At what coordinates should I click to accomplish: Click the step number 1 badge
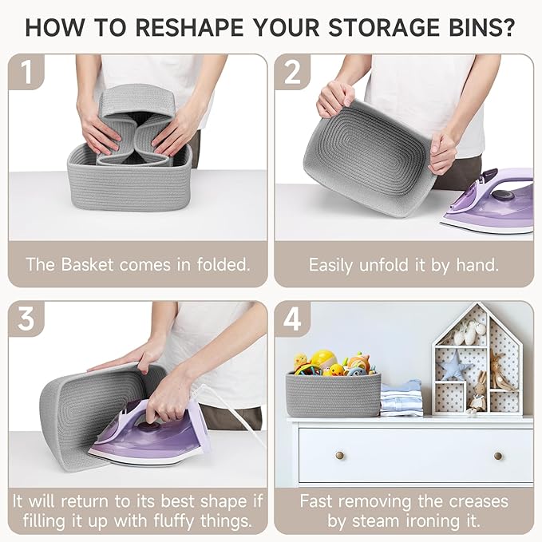point(26,71)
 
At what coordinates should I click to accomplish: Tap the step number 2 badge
point(292,71)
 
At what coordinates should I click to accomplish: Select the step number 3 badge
point(26,318)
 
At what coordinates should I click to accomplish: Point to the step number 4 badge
point(292,318)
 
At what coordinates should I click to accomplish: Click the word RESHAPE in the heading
point(189,27)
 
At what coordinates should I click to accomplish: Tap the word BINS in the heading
point(481,27)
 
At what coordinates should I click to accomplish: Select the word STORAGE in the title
point(384,27)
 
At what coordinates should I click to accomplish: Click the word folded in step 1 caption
point(224,264)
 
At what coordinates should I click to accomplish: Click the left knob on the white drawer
point(339,455)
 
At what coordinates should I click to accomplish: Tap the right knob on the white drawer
point(498,456)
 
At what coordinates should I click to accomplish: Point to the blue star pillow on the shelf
point(454,366)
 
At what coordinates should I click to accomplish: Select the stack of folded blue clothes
point(402,398)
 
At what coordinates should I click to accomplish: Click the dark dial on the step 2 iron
point(503,195)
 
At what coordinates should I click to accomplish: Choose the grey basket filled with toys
point(333,394)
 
